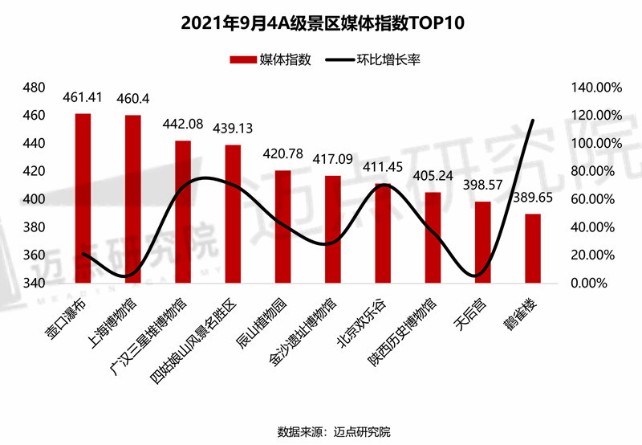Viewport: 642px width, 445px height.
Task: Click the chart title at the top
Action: [321, 24]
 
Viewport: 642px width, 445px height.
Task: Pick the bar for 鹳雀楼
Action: [532, 248]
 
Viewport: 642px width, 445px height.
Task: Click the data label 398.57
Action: [483, 186]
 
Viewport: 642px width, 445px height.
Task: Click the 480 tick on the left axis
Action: [35, 88]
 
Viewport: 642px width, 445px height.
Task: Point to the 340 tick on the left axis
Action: [35, 284]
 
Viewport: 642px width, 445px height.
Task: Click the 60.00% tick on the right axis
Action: [591, 199]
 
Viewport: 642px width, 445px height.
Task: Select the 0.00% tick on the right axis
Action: [595, 284]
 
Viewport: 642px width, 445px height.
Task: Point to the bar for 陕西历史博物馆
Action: [433, 238]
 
